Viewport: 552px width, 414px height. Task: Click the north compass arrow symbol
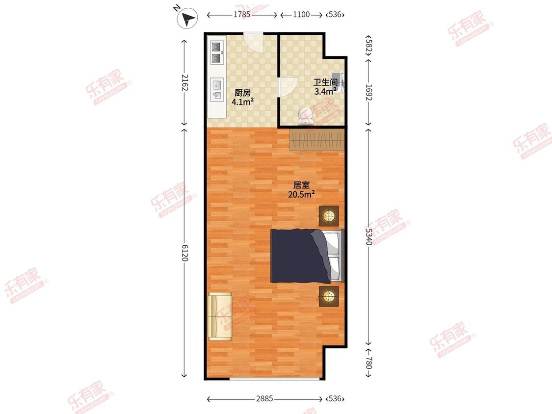(187, 18)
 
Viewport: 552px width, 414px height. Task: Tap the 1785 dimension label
(242, 14)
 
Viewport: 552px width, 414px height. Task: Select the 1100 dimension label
(301, 14)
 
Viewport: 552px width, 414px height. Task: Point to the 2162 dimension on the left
(184, 82)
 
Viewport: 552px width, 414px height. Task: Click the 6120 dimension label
(184, 253)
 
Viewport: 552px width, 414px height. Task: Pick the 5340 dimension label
(368, 236)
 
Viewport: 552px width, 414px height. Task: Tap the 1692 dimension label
(368, 92)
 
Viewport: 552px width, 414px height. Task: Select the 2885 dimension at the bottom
(264, 398)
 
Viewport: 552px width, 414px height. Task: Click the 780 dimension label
(368, 363)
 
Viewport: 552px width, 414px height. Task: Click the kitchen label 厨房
(242, 93)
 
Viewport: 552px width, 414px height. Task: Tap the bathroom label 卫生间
(326, 82)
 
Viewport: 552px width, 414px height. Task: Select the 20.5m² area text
(301, 194)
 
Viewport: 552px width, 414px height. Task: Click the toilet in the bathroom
(305, 116)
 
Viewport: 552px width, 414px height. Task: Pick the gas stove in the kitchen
(216, 52)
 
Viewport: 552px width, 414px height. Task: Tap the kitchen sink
(217, 89)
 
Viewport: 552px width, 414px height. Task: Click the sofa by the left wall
(220, 316)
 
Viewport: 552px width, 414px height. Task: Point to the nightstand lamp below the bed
(329, 296)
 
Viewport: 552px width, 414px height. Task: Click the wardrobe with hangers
(317, 140)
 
